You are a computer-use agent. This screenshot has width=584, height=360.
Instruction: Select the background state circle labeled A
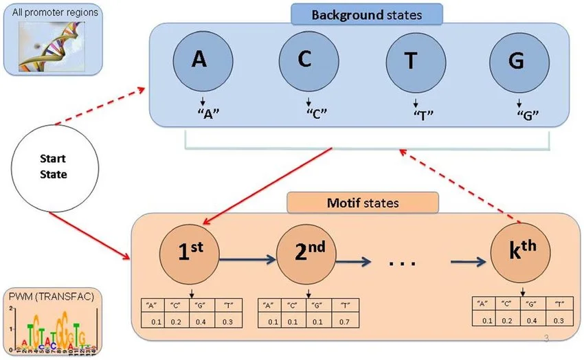[x=199, y=60]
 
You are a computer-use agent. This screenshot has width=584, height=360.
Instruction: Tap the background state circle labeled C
[x=305, y=60]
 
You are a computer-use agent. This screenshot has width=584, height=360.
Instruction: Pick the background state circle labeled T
[x=411, y=61]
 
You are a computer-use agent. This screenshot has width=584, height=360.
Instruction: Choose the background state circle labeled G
[x=517, y=61]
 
